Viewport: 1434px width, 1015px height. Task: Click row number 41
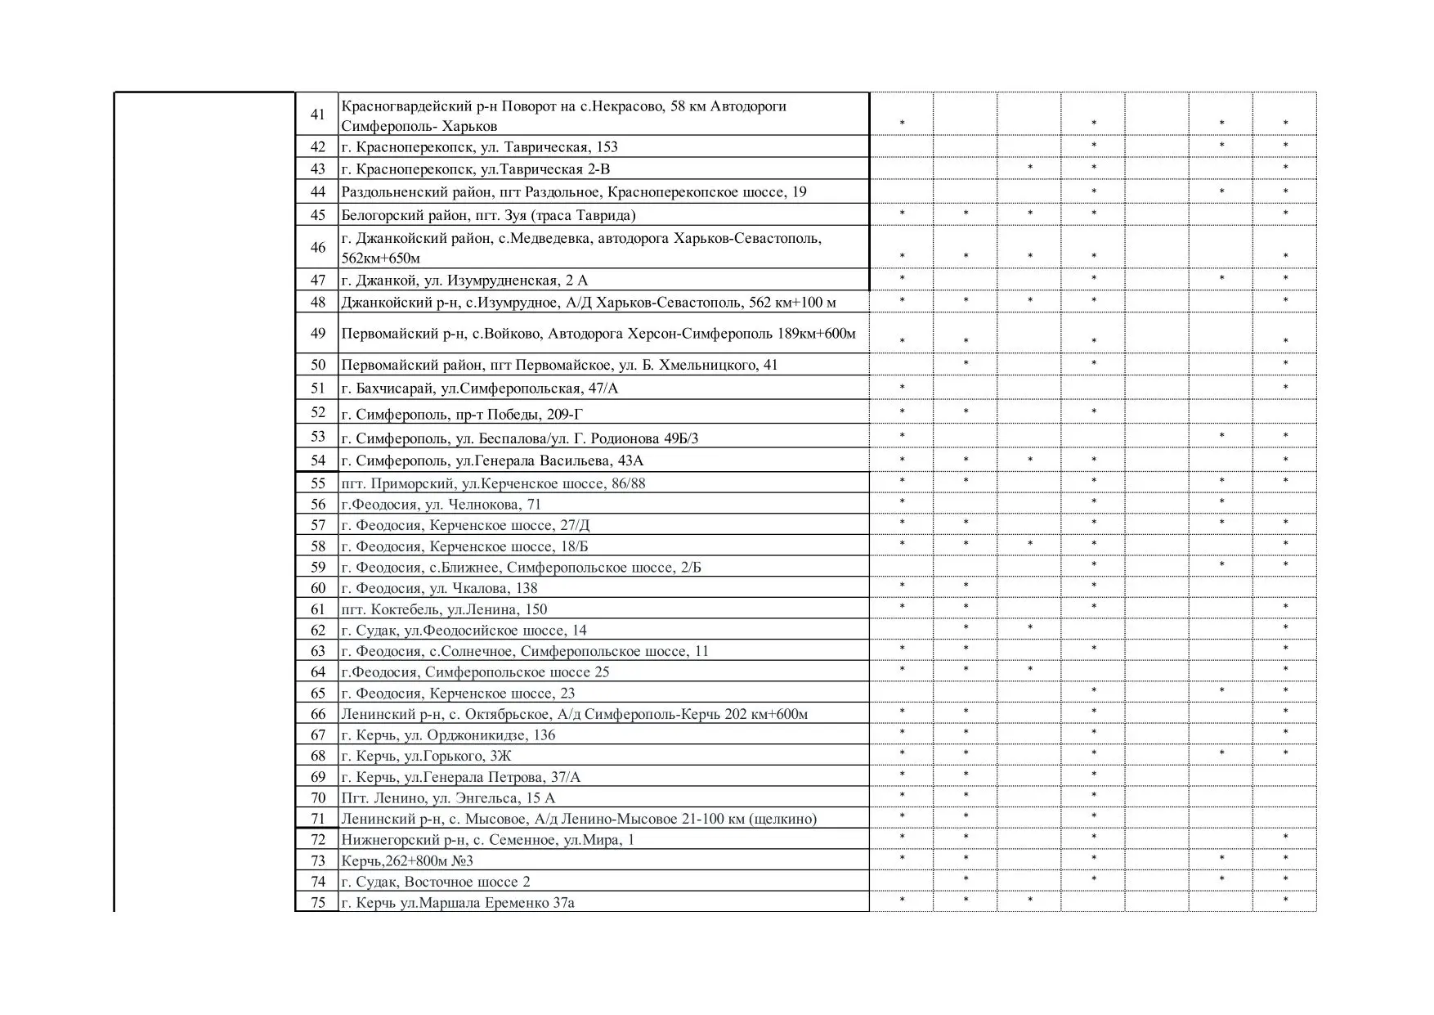click(318, 115)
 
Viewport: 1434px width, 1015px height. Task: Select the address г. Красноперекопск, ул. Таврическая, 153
click(479, 147)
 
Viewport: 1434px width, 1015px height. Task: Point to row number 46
click(318, 247)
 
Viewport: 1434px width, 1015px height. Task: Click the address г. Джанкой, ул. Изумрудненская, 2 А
click(464, 281)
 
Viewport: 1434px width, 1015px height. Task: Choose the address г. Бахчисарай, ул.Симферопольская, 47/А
click(479, 388)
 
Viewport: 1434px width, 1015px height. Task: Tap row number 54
click(318, 460)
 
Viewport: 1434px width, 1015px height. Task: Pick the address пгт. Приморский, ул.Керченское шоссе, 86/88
click(493, 483)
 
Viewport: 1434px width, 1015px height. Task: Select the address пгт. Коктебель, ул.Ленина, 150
click(444, 609)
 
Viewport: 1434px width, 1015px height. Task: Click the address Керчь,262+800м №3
click(407, 861)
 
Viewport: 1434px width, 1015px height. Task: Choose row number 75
click(318, 903)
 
